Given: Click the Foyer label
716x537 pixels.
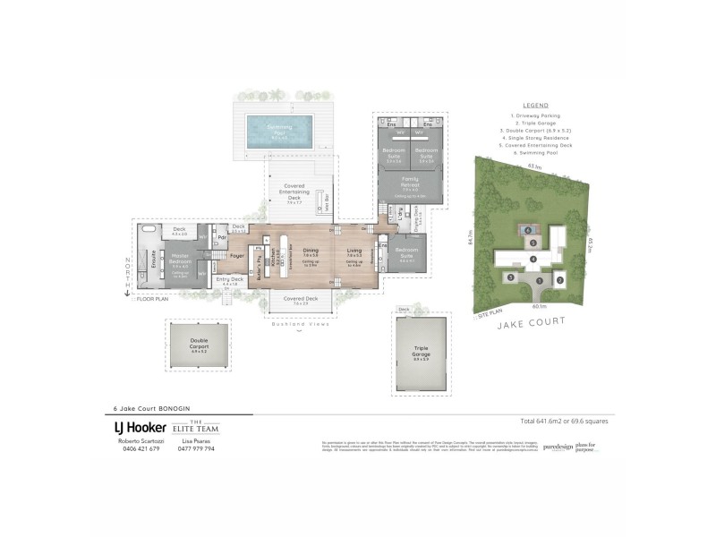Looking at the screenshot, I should [237, 257].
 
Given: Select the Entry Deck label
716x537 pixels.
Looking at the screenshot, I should [230, 281].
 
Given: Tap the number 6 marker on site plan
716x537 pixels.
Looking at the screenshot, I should [528, 230].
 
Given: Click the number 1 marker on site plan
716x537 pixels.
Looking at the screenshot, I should [540, 280].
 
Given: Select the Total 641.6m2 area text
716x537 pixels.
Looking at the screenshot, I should [566, 420].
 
